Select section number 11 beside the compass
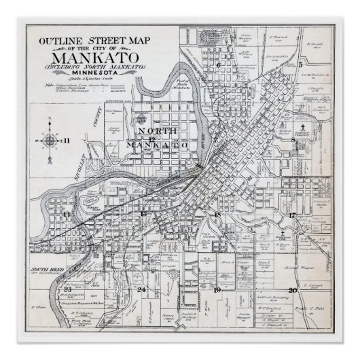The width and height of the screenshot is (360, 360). tap(68, 141)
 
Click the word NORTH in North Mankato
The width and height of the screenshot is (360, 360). tap(157, 132)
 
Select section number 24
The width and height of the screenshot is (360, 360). tap(141, 290)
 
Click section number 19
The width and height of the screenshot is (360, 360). tap(217, 290)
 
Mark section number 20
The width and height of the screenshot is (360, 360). tap(292, 290)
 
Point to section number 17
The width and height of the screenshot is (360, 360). tap(292, 215)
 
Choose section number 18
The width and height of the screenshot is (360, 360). tap(217, 215)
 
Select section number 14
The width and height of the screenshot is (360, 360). tap(66, 215)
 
